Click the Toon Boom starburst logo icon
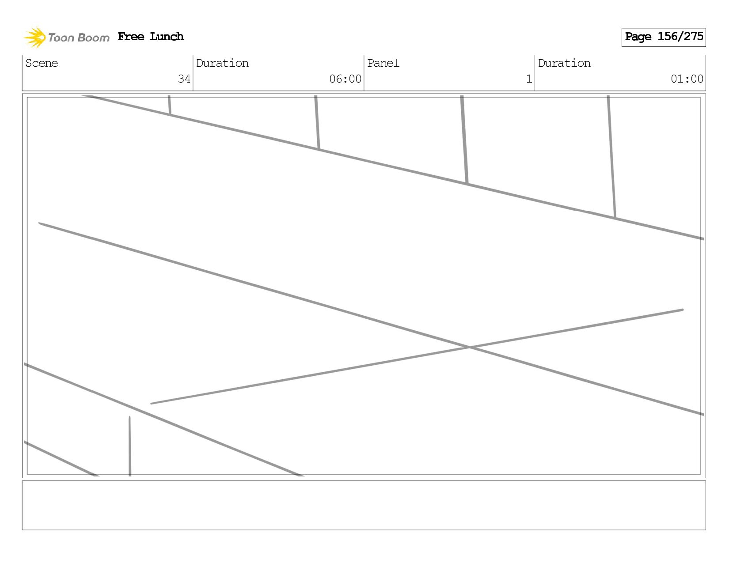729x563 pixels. (35, 37)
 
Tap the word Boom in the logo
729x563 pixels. (93, 38)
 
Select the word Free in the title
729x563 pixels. (131, 37)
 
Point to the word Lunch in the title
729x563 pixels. (167, 37)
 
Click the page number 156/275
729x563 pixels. (680, 37)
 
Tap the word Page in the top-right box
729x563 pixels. (638, 37)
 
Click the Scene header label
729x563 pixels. (42, 63)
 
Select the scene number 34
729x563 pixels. (184, 79)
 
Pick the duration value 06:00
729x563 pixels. (345, 79)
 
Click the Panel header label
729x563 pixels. (383, 63)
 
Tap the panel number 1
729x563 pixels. (529, 79)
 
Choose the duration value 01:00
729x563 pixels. (687, 79)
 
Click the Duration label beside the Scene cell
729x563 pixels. (222, 63)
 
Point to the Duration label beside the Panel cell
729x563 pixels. (564, 63)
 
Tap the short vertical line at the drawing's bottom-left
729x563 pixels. (129, 446)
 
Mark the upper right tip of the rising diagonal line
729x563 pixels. (682, 310)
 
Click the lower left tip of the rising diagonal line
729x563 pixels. (152, 403)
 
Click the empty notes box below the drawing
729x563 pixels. (364, 505)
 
